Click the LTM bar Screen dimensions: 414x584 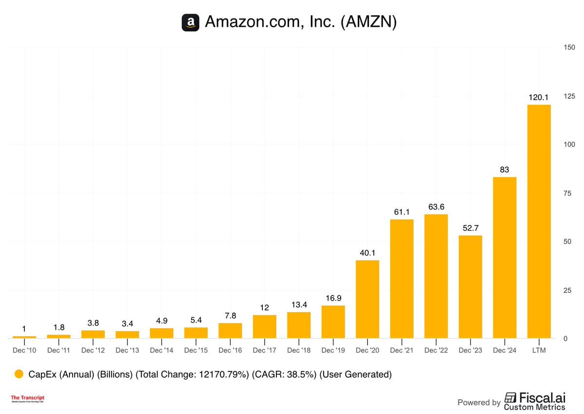(x=539, y=221)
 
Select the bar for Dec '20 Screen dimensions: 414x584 (x=367, y=299)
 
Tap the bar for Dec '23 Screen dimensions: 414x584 (x=470, y=287)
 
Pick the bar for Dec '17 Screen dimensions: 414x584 (x=264, y=326)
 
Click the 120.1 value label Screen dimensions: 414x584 (x=539, y=98)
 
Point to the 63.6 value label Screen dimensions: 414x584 (x=436, y=207)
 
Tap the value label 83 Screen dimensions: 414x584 (x=505, y=170)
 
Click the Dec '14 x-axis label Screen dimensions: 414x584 (x=162, y=351)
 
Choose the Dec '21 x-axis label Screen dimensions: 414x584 (x=401, y=351)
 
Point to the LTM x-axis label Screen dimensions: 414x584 (x=539, y=351)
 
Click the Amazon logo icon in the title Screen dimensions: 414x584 (x=190, y=22)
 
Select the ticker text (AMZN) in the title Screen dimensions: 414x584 (x=368, y=22)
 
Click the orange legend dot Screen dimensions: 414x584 (x=19, y=374)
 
